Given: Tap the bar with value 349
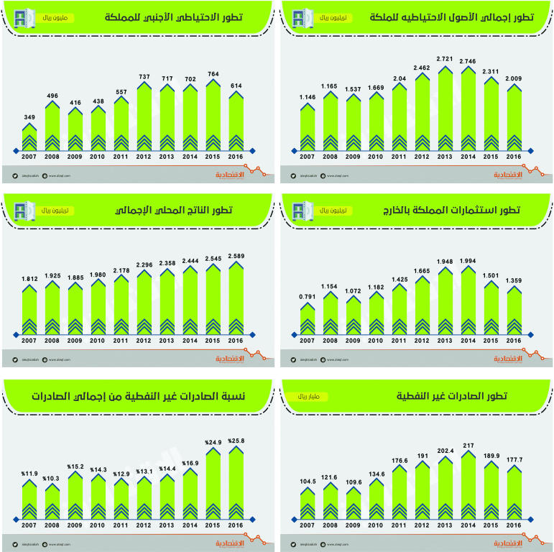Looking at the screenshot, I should coord(29,138).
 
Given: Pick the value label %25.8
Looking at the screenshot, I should coord(236,441).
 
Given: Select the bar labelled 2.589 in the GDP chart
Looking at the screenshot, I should coord(236,298).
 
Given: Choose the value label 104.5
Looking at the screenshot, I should coord(308,480).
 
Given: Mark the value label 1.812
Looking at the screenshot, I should coord(29,277).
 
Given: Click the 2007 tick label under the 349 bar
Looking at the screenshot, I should coord(29,157).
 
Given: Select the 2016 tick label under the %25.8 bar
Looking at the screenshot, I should coord(236,525).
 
